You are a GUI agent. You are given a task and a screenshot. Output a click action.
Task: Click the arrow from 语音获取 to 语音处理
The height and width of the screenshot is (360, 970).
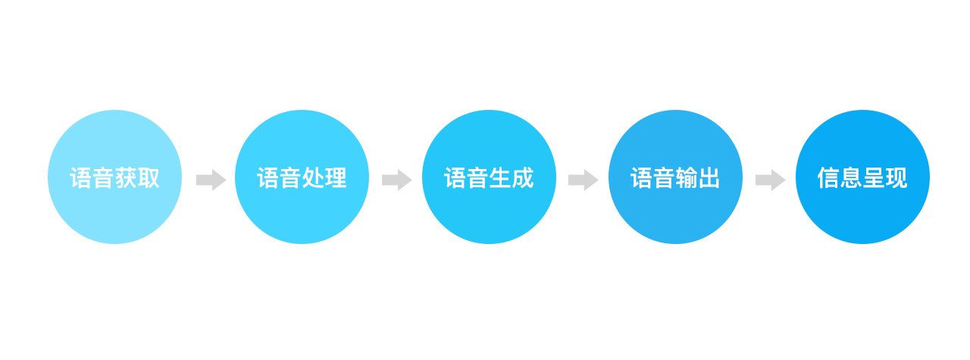click(211, 180)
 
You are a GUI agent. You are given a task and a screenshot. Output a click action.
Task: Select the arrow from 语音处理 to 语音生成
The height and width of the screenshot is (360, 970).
click(396, 180)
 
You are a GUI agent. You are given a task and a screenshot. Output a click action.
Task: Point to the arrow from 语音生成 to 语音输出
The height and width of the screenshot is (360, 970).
click(583, 180)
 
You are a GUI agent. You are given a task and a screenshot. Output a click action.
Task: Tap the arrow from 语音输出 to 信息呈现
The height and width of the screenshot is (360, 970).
click(770, 180)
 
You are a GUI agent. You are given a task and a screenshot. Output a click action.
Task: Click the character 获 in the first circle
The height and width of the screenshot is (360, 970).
click(126, 178)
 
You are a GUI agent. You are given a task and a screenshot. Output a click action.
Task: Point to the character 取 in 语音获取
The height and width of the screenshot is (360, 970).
click(149, 178)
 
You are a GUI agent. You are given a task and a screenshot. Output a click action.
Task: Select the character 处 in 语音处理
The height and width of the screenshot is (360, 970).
click(313, 178)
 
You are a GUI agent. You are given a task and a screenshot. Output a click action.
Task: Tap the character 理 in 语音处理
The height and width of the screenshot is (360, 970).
click(336, 178)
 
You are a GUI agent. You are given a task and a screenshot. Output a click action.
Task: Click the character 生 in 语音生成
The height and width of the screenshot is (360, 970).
click(500, 178)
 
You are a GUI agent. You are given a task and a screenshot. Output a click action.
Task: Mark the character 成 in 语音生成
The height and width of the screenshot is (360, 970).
click(523, 178)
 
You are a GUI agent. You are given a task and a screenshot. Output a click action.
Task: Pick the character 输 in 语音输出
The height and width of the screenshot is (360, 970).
click(687, 178)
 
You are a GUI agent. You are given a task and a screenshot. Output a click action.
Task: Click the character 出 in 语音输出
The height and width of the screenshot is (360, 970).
click(709, 178)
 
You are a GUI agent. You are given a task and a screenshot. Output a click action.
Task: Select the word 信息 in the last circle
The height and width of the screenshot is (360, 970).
click(840, 178)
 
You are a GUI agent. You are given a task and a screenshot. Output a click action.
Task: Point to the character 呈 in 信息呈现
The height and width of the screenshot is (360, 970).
click(874, 178)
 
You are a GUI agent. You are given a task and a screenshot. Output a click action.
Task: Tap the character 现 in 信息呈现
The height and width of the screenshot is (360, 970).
click(896, 178)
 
